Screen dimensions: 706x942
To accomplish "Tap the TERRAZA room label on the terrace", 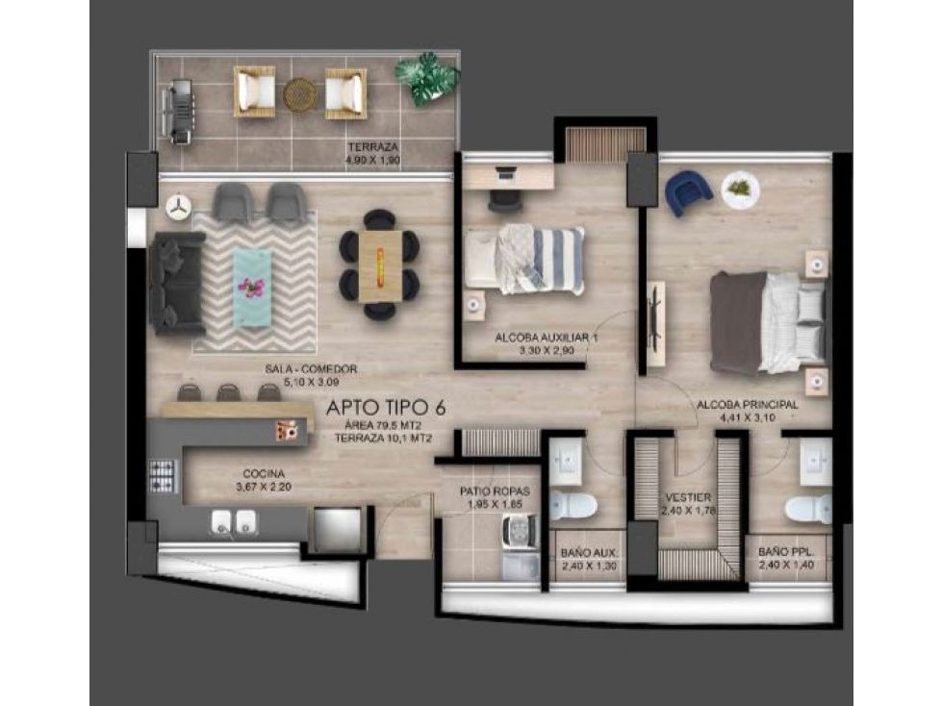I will click(372, 147).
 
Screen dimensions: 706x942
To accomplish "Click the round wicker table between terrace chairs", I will click(300, 93).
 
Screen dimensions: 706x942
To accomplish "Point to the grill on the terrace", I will click(179, 113).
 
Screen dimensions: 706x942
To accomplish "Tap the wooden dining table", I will click(380, 266).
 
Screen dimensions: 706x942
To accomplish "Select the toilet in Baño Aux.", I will click(577, 505).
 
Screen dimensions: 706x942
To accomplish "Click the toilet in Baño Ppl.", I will click(806, 507).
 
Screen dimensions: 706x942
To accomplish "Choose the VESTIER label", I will click(688, 497).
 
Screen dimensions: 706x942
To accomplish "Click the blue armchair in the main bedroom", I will click(688, 190).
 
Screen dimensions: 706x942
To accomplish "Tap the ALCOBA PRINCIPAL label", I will click(747, 405).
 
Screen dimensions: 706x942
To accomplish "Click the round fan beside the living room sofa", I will click(178, 206).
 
